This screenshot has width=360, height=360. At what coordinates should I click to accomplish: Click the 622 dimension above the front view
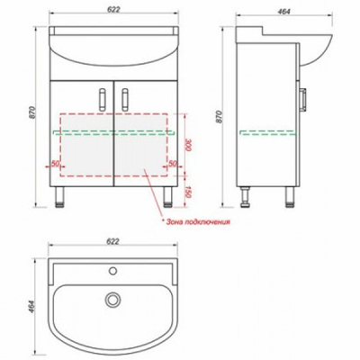[x=113, y=9]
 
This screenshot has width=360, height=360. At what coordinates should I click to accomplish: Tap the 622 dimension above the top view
[x=112, y=241]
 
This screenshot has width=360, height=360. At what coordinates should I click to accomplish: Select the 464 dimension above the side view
[x=283, y=12]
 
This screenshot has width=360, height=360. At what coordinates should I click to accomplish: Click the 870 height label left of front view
[x=32, y=112]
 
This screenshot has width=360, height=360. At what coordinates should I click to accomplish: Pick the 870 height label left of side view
[x=220, y=117]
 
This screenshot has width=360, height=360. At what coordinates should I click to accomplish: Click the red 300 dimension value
[x=188, y=145]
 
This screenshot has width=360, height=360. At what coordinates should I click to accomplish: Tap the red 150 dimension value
[x=188, y=192]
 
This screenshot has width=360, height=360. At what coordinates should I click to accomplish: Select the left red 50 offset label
[x=55, y=164]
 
